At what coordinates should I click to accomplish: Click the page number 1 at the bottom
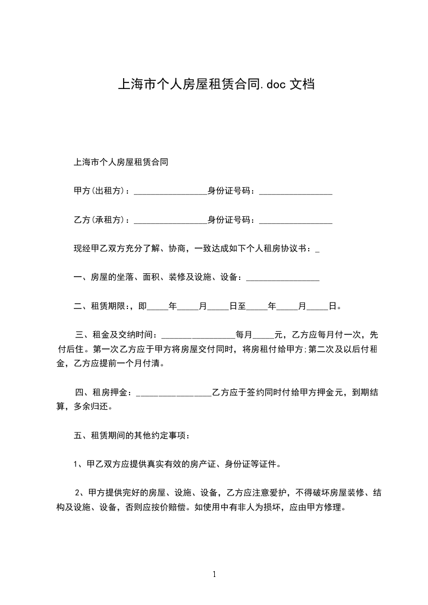[214, 574]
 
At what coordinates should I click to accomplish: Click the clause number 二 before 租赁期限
[77, 306]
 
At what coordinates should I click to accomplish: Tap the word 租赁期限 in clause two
[108, 306]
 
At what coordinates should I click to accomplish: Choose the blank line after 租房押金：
[174, 394]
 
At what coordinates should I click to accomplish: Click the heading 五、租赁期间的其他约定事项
[131, 435]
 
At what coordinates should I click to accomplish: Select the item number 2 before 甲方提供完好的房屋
[78, 492]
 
